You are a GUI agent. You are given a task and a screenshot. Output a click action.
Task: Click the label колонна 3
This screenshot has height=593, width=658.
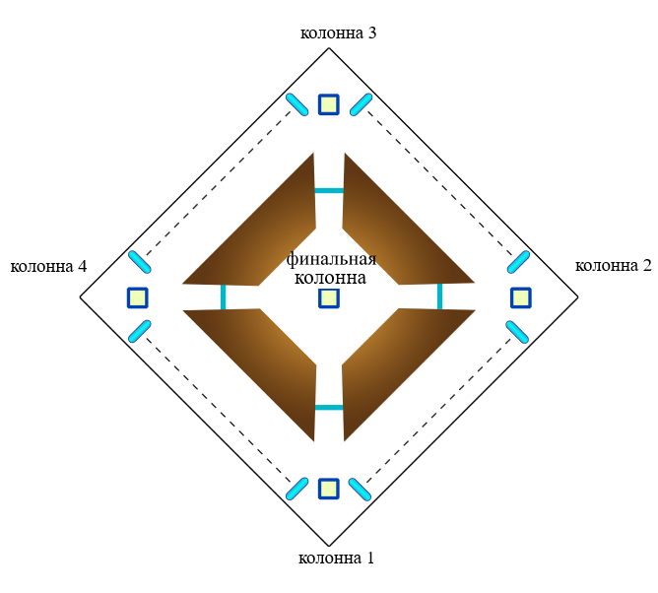click(338, 33)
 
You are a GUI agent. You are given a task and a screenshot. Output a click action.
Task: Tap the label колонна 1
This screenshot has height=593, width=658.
click(336, 559)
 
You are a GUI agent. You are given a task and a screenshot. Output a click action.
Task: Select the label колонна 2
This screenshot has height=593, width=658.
click(613, 265)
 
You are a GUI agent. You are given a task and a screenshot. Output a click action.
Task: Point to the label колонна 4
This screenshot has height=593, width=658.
click(48, 266)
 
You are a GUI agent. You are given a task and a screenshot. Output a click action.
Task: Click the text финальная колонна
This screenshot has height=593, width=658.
click(331, 269)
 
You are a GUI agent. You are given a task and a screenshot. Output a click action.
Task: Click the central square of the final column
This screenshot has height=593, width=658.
click(329, 297)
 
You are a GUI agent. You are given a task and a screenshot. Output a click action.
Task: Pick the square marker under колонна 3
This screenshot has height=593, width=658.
click(329, 104)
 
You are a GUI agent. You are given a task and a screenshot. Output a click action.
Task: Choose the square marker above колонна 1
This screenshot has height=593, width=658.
click(329, 489)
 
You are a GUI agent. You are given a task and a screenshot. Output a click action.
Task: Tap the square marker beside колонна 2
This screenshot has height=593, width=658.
click(521, 297)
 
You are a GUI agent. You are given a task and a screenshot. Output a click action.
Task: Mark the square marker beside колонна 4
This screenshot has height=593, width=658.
click(137, 297)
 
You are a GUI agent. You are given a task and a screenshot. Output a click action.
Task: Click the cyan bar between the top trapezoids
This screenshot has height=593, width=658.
click(329, 190)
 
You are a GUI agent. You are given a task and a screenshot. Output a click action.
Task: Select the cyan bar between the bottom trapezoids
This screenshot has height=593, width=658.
click(329, 407)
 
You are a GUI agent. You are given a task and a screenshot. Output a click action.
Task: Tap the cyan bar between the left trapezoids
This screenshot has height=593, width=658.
click(224, 297)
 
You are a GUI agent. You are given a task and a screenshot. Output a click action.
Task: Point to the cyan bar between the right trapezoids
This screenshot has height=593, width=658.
click(439, 297)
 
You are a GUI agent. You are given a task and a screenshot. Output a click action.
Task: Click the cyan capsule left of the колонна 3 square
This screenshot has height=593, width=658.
click(296, 103)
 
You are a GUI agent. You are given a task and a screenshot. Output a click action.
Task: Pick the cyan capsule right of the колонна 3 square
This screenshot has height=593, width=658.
click(362, 103)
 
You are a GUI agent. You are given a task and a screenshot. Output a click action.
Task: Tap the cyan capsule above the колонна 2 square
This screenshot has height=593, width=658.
click(519, 262)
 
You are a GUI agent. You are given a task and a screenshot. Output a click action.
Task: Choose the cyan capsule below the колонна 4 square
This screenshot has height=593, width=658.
click(139, 332)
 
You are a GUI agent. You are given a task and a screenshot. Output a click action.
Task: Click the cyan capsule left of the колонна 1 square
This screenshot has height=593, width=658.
click(296, 488)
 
